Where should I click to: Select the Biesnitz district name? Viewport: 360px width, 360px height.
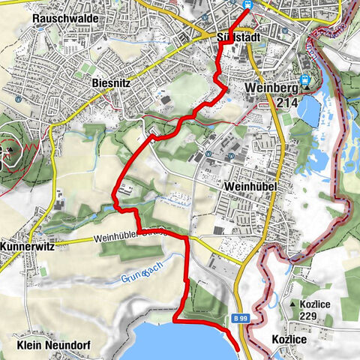click(113, 82)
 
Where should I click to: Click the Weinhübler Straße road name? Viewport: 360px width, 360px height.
click(127, 239)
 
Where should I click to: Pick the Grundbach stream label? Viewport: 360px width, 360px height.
click(139, 279)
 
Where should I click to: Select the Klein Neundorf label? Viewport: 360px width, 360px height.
click(51, 346)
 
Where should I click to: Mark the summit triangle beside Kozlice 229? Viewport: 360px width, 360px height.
click(293, 305)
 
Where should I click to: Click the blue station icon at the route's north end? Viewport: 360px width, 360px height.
click(247, 4)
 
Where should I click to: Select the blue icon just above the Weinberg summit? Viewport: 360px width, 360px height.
click(304, 80)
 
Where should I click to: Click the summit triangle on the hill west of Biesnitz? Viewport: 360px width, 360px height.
click(10, 148)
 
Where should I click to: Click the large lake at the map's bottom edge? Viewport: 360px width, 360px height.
click(180, 343)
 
